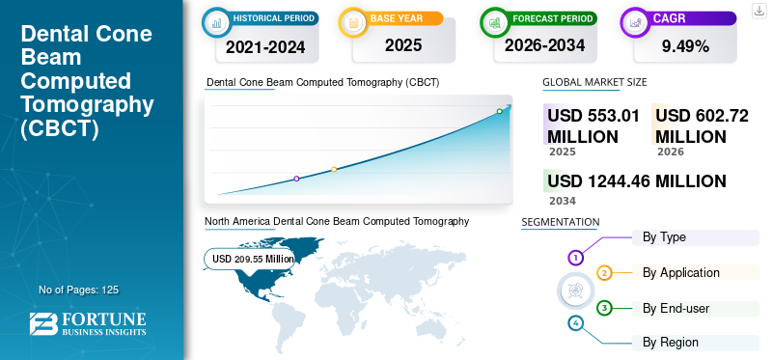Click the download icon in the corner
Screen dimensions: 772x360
(758, 11)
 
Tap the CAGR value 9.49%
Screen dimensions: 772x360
(685, 46)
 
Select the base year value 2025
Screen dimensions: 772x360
(403, 45)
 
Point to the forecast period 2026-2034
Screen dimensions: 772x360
(544, 45)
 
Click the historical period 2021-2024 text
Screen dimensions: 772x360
(265, 47)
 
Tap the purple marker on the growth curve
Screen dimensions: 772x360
(296, 179)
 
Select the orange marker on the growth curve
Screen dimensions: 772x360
(334, 170)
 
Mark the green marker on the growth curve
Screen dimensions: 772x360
(499, 111)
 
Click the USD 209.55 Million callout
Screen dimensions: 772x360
(250, 259)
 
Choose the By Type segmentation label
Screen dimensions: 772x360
(664, 237)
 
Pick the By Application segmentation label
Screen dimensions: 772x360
(681, 273)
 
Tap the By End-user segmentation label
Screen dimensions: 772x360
(675, 309)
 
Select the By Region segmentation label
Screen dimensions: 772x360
(670, 343)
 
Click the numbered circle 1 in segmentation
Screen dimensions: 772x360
(575, 257)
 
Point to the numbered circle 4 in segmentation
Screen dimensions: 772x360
(575, 323)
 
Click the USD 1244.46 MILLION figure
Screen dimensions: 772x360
(637, 181)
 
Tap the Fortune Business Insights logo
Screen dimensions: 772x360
(88, 323)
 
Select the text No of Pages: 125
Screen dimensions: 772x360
(79, 290)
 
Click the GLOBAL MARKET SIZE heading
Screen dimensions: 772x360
(594, 82)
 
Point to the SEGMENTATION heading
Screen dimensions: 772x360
(561, 222)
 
